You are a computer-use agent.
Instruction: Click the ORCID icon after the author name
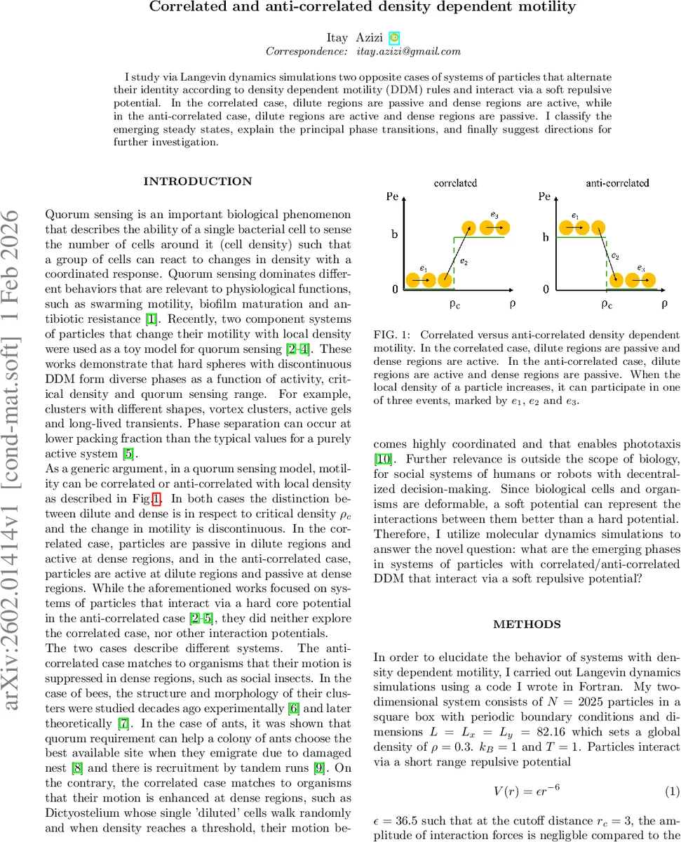click(395, 37)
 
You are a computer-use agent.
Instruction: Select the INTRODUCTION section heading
click(198, 182)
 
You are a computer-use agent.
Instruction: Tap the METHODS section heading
click(526, 624)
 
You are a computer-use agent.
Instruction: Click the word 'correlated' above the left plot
click(455, 183)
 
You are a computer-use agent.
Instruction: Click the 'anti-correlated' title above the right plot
click(617, 183)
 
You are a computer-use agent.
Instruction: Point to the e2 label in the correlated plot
click(464, 261)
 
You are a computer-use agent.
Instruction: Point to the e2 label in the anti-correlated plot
click(614, 257)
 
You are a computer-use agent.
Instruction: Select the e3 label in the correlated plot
click(494, 213)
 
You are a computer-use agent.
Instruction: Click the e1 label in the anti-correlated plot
click(575, 215)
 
